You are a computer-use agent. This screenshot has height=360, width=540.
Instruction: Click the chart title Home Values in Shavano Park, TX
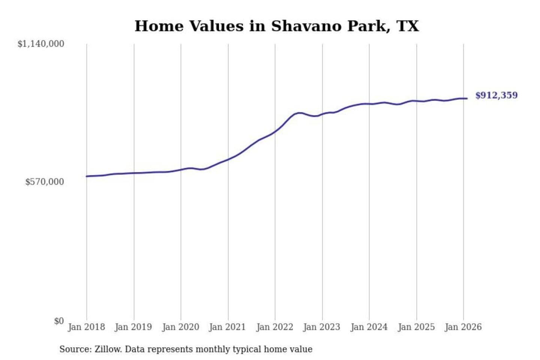[276, 26]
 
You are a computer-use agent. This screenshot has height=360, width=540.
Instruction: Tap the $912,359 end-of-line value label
[496, 95]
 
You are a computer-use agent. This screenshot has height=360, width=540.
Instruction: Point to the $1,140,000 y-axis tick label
[41, 44]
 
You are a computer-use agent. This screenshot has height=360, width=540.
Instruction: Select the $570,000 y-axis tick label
[45, 182]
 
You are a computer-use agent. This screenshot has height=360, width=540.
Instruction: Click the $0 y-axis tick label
[59, 321]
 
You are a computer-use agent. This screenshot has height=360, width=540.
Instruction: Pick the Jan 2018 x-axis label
[86, 327]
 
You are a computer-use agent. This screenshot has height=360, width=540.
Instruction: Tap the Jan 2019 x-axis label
[133, 327]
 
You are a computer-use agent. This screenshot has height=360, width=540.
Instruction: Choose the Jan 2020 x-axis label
[180, 327]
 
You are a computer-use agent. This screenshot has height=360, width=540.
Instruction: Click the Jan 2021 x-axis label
[227, 327]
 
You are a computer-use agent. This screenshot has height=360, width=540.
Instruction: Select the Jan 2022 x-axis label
[274, 327]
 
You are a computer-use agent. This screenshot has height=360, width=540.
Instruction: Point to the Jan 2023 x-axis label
[321, 327]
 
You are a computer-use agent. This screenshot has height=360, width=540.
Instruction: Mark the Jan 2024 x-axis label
[369, 327]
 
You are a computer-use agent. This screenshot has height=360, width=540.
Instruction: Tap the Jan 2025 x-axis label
[416, 327]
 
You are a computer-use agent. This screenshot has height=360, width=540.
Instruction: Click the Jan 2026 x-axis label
[463, 327]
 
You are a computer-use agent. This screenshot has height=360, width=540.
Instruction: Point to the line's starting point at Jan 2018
[87, 176]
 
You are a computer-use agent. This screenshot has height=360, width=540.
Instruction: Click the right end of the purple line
[467, 99]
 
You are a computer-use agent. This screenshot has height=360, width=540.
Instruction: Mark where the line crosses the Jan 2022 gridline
[275, 132]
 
